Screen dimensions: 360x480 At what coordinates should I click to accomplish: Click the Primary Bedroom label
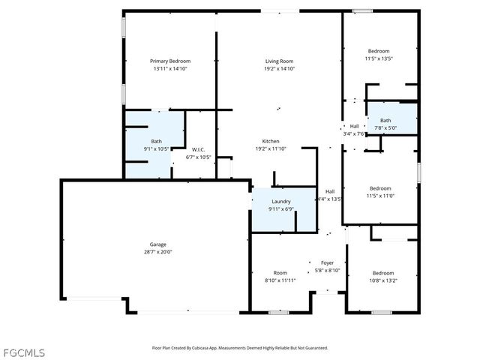click(170, 61)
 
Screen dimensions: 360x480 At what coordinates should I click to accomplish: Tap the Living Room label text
click(279, 61)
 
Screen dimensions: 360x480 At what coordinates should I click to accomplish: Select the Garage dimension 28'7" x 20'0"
click(157, 252)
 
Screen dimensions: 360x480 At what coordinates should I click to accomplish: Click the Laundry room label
click(281, 201)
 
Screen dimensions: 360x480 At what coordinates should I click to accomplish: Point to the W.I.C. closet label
click(198, 148)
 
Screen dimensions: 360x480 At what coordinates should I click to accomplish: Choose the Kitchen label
click(271, 141)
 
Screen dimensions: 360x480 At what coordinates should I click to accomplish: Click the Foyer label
click(328, 262)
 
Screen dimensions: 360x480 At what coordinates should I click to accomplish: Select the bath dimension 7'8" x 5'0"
click(385, 127)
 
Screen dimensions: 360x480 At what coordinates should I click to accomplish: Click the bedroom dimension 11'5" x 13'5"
click(379, 58)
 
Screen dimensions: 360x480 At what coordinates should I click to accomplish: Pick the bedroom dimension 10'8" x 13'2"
click(382, 280)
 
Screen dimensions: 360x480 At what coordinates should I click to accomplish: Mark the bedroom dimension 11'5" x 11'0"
click(380, 196)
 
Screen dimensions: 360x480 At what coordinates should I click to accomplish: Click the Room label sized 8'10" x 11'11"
click(280, 280)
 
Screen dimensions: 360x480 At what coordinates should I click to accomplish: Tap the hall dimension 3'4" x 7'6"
click(354, 133)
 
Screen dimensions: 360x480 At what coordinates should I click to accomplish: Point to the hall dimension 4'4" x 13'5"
click(330, 199)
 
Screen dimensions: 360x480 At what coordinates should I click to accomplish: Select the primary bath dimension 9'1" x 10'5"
click(157, 148)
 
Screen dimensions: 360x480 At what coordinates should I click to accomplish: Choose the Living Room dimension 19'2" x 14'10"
click(279, 68)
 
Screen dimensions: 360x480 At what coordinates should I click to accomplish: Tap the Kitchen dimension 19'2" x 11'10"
click(271, 148)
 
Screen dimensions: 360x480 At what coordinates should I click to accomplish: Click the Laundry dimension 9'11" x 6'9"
click(281, 208)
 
